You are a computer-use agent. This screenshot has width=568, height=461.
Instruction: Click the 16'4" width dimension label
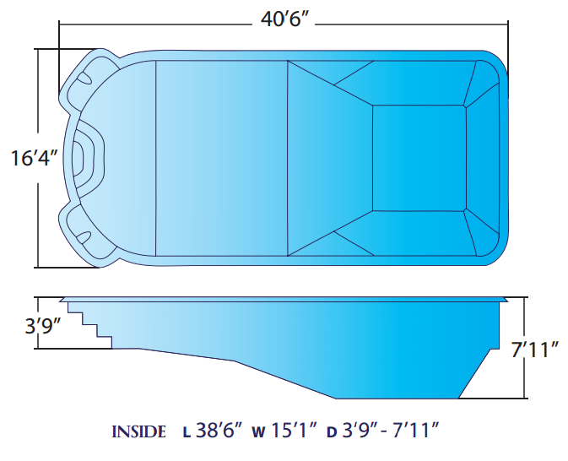pos(32,158)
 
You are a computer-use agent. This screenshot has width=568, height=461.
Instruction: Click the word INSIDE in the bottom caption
pos(139,432)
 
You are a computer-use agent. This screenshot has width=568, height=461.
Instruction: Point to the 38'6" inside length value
pos(219,431)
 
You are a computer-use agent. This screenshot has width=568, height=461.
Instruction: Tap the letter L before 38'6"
pos(186,433)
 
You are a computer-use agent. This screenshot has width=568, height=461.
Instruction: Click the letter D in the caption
pos(332,433)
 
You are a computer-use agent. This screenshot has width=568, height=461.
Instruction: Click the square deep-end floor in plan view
pos(419,157)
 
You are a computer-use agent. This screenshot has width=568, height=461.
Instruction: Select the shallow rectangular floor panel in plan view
pos(221,157)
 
